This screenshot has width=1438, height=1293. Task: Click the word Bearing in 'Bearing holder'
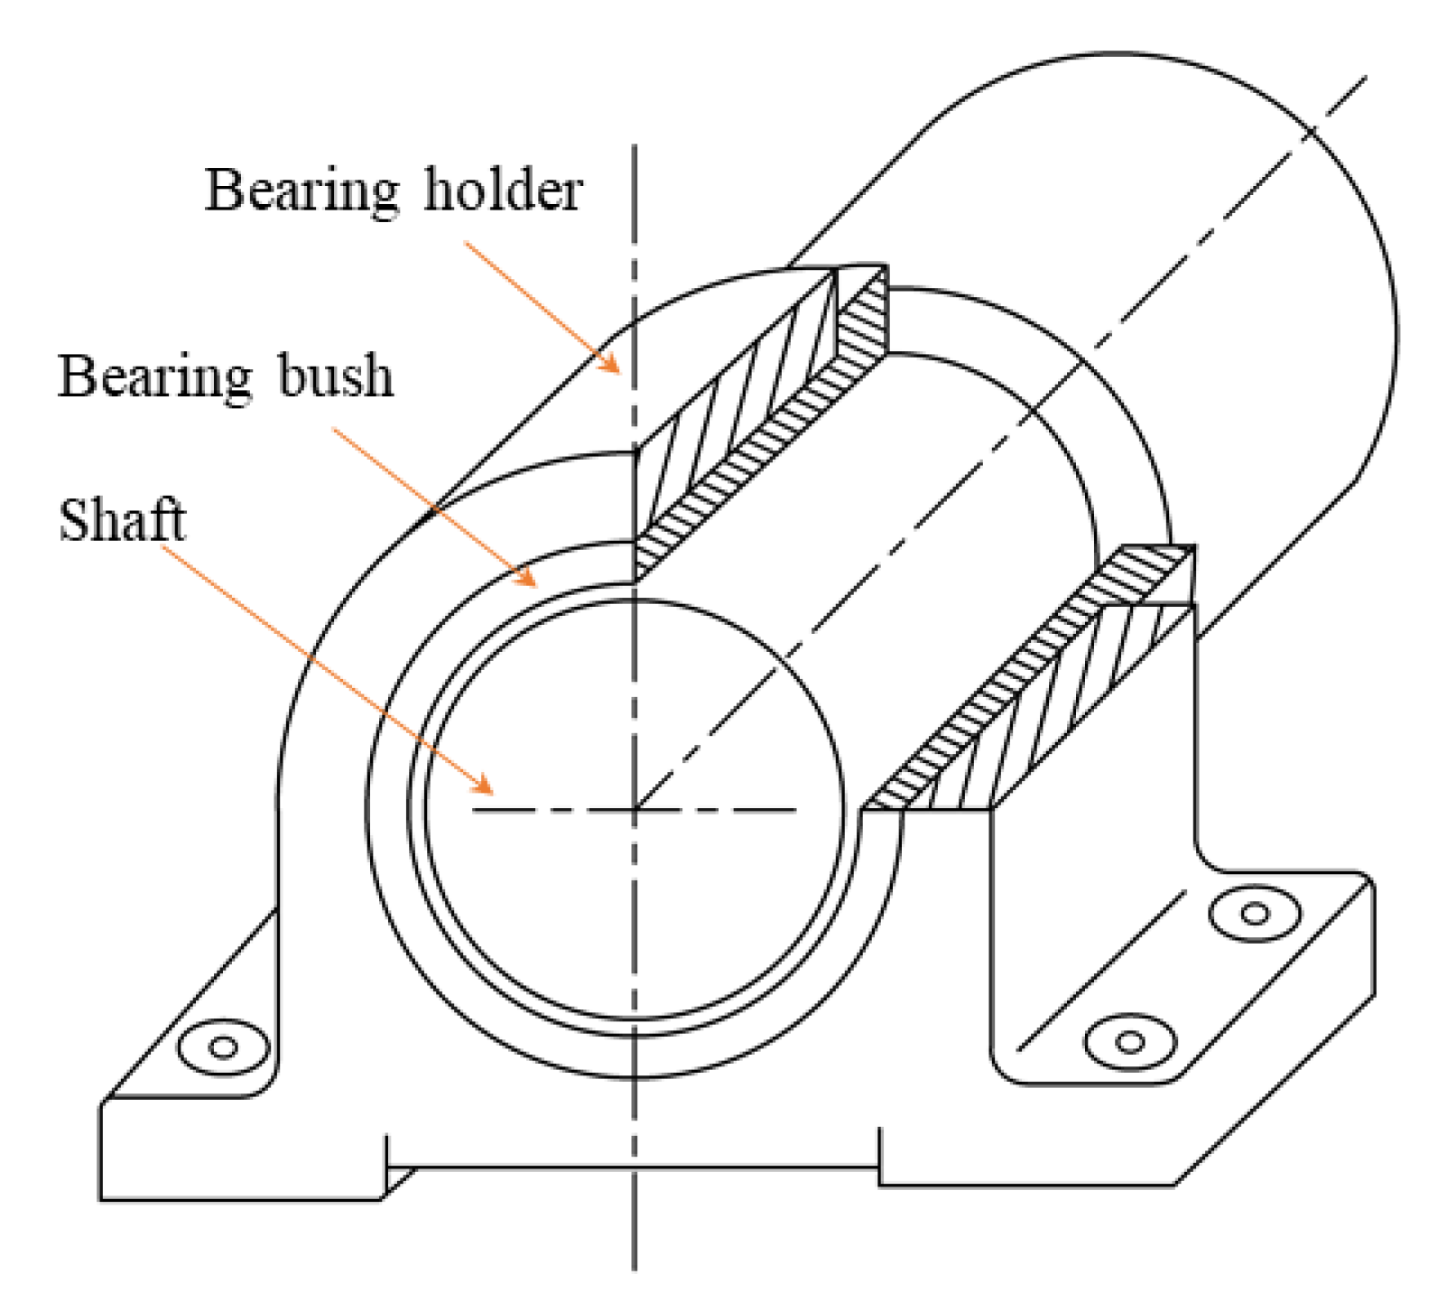(302, 191)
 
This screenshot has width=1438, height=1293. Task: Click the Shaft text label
(122, 521)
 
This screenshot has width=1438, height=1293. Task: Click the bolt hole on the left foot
(223, 1047)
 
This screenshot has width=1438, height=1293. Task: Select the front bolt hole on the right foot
(1129, 1042)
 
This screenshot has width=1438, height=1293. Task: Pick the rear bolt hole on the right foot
(1254, 914)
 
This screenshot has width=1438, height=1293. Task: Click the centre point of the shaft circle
(635, 810)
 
